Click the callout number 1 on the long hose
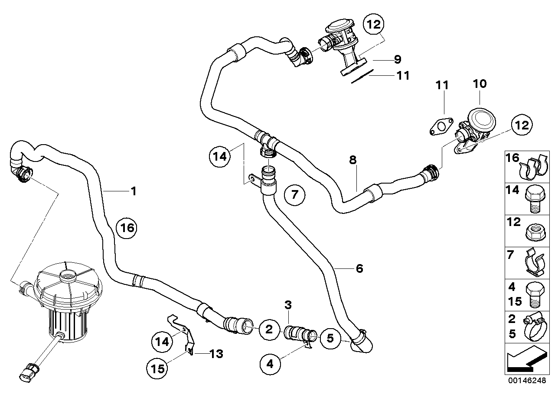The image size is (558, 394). (x=134, y=191)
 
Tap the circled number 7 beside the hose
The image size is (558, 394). (x=294, y=194)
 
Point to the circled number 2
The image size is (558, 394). (x=269, y=329)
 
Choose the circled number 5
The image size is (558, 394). (x=330, y=339)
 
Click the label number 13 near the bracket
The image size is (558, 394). (x=216, y=355)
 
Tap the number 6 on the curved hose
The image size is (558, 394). (x=359, y=269)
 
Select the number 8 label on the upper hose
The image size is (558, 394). (x=353, y=160)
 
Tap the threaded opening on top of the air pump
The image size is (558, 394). (x=68, y=274)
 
